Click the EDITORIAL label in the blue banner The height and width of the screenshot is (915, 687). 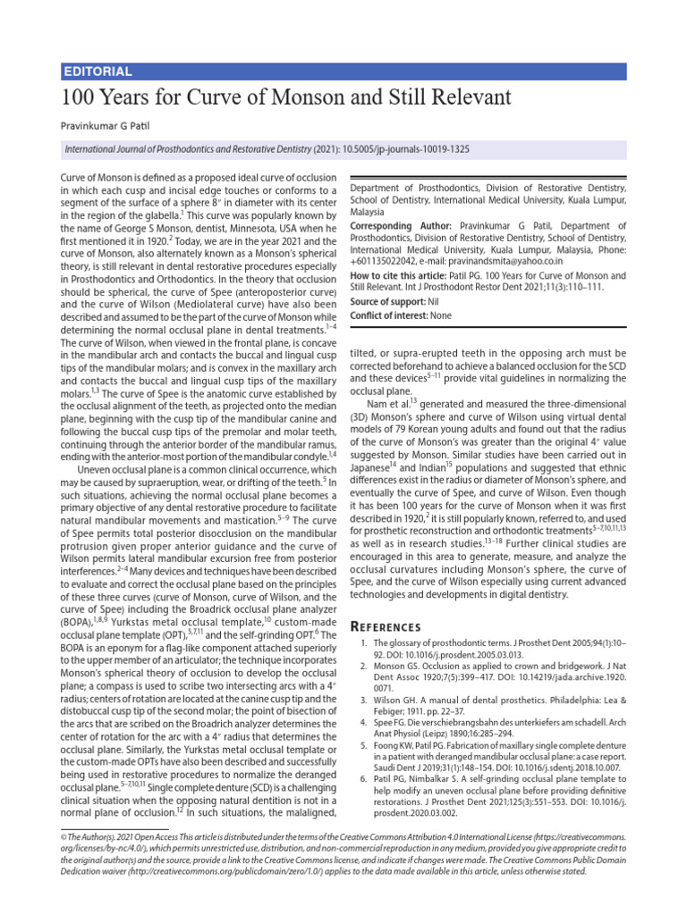[99, 71]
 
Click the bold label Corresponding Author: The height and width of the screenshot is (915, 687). [400, 227]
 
